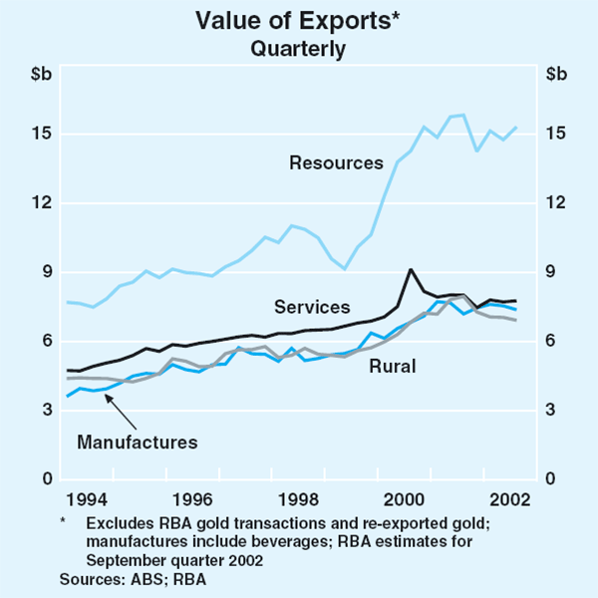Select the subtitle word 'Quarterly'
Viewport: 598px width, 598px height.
pos(298,47)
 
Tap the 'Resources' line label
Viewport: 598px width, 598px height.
pos(336,161)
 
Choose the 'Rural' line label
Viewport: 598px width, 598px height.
pos(393,367)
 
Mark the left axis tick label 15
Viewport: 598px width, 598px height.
pos(40,135)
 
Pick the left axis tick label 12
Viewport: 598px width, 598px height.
pos(40,203)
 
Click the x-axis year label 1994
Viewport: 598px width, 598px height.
pos(88,499)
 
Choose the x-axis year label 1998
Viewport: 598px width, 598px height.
pos(297,499)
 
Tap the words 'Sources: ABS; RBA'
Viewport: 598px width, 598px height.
pos(133,578)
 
